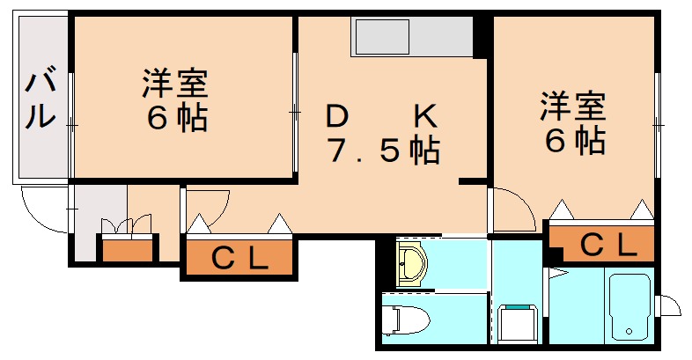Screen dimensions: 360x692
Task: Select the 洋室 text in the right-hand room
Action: click(x=572, y=107)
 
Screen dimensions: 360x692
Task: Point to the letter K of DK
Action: click(x=424, y=115)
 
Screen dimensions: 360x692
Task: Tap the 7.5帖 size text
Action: click(x=383, y=151)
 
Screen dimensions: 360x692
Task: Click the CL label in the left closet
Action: click(x=239, y=258)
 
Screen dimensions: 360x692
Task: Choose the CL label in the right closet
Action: click(x=607, y=243)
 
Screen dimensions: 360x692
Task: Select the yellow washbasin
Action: click(x=411, y=264)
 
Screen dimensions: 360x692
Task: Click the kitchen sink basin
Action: click(x=380, y=38)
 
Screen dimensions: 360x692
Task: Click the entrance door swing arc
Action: click(x=40, y=211)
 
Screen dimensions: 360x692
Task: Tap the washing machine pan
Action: click(x=517, y=323)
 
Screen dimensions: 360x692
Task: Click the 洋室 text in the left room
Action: click(x=175, y=84)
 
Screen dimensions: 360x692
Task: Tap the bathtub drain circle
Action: click(x=629, y=331)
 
